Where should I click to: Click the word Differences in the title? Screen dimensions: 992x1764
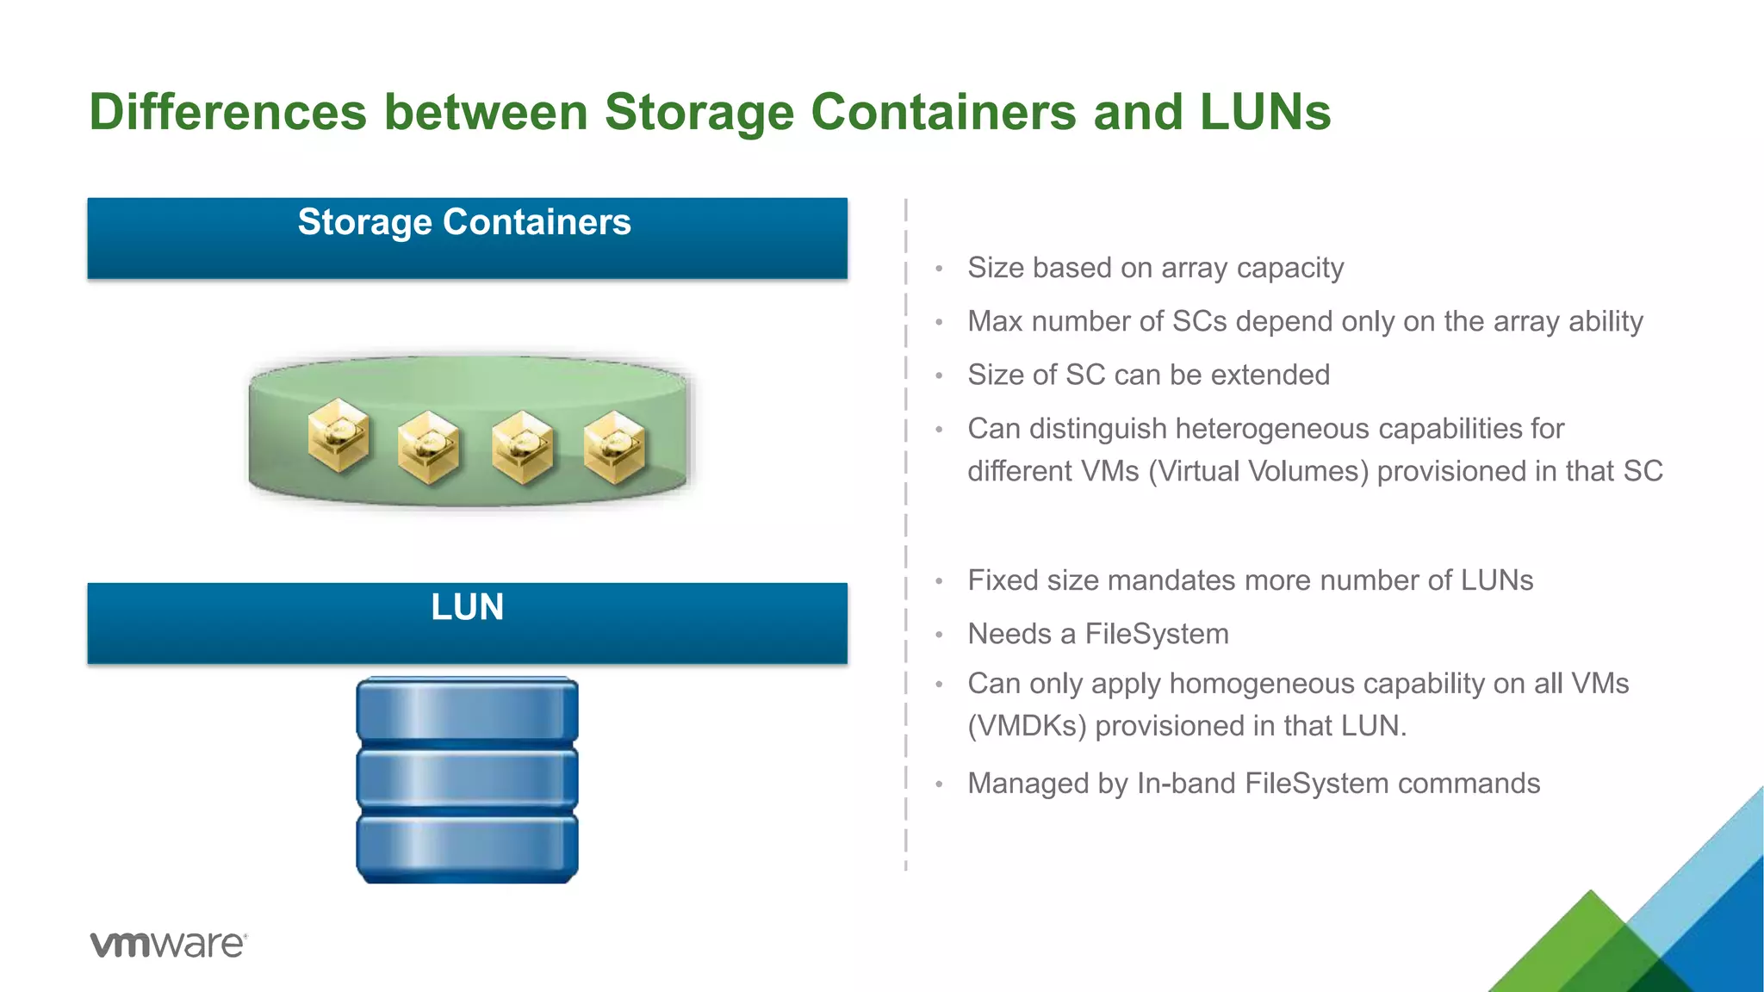[227, 112]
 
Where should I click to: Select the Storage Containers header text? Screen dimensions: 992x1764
[464, 222]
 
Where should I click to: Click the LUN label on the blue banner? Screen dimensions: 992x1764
[467, 607]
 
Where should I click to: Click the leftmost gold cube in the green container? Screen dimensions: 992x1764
[339, 435]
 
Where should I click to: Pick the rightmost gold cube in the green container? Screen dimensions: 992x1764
[614, 446]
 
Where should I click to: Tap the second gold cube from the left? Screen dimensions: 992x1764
[428, 446]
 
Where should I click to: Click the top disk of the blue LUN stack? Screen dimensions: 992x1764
[467, 710]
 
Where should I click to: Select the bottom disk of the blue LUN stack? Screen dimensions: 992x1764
[467, 848]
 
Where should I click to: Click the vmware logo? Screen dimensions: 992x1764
[168, 944]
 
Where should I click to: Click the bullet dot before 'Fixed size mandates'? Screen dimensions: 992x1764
[940, 582]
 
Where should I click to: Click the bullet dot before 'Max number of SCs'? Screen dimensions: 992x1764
[940, 323]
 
